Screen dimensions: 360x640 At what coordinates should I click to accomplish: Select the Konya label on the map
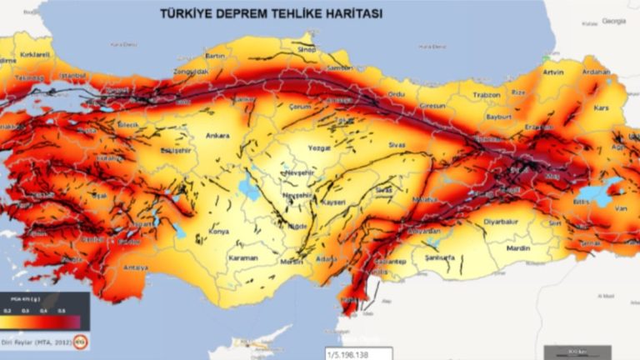point(217,232)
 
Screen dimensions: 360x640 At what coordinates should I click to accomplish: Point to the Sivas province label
point(396,144)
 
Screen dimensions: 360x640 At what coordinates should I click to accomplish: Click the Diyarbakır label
point(501,222)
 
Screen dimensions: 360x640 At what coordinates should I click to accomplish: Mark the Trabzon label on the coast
point(484,95)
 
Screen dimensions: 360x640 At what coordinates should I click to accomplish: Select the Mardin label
point(518,247)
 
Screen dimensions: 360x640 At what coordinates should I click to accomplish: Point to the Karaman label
point(244,258)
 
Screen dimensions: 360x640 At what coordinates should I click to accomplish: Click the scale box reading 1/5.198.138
point(357,353)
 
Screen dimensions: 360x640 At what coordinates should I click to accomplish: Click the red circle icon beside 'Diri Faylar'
point(81,341)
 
